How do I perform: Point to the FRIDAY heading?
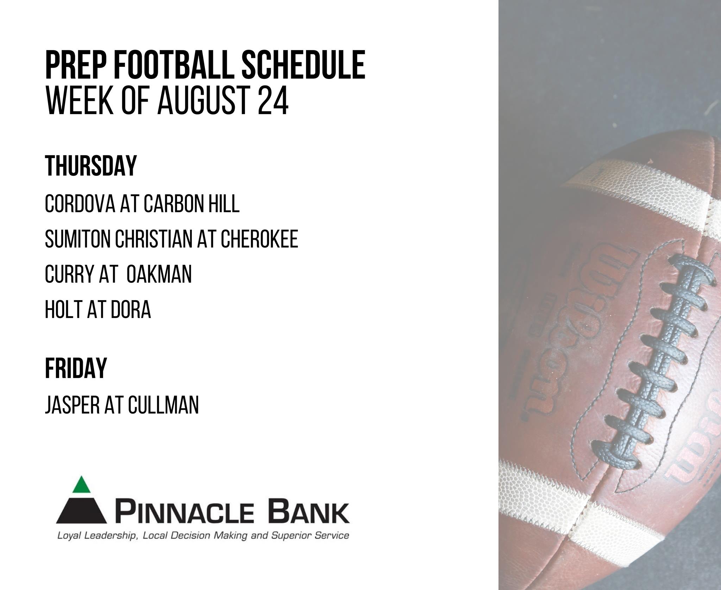tap(76, 368)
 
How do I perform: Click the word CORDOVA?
tap(80, 203)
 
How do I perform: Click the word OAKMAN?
tap(159, 274)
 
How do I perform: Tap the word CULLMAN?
tap(163, 405)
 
